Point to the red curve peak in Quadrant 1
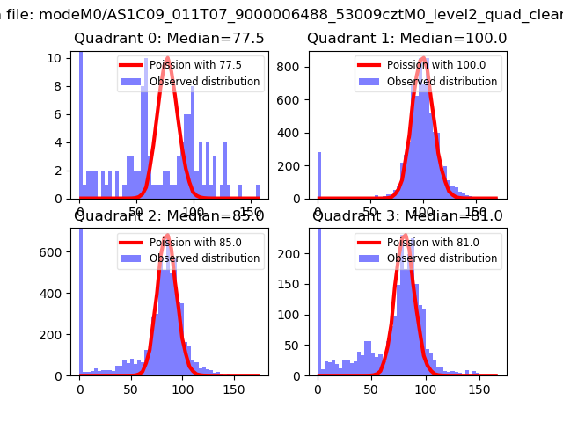[x=424, y=58]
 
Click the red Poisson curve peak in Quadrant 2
[x=166, y=236]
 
